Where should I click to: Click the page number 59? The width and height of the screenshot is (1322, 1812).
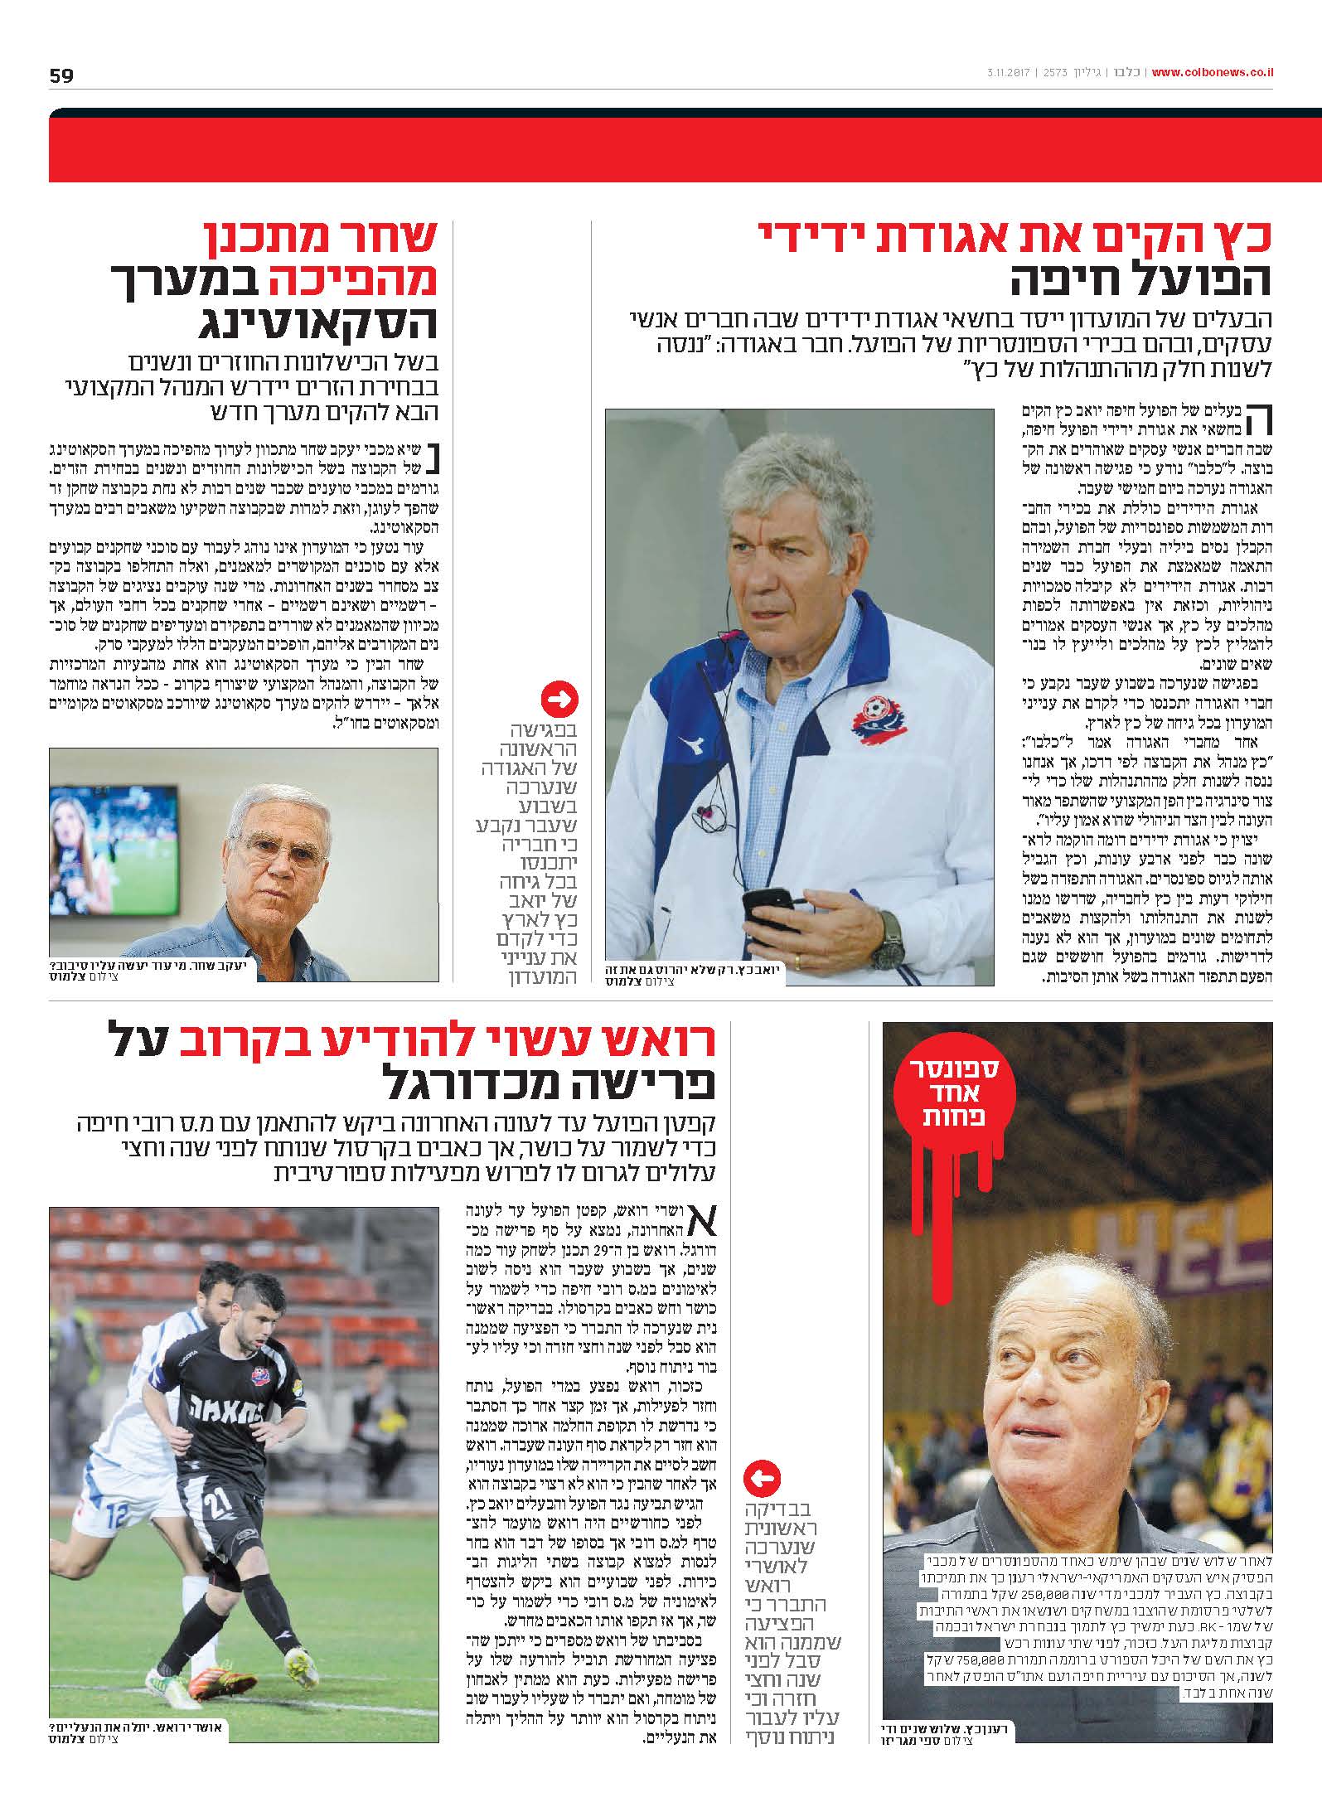click(61, 75)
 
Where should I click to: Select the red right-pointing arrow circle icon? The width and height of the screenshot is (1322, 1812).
click(559, 701)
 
